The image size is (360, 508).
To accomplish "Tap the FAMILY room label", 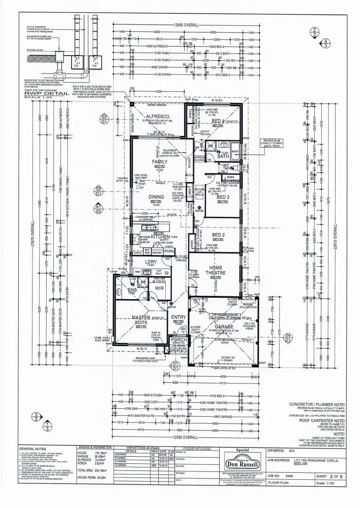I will tap(159, 162).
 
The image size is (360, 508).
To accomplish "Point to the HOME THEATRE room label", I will tap(215, 270).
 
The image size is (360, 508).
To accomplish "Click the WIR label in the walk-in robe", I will tap(159, 287).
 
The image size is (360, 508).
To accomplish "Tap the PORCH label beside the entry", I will tap(179, 340).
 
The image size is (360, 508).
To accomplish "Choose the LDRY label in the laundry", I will tap(151, 262).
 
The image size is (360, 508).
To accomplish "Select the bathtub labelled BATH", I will tap(235, 152).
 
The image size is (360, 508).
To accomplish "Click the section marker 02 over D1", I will tap(98, 190).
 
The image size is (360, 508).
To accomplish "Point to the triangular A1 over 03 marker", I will tap(98, 208).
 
